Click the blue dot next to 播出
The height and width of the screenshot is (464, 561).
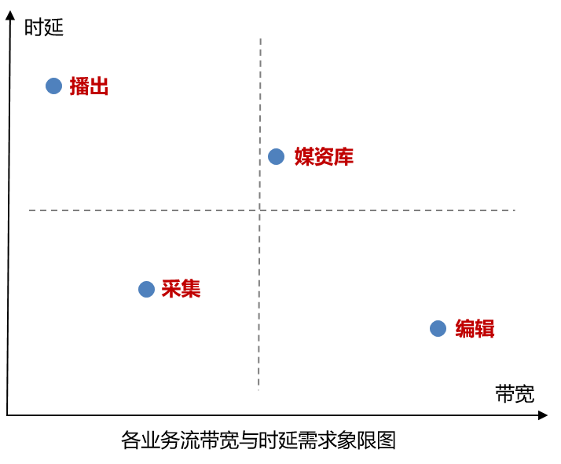tap(53, 86)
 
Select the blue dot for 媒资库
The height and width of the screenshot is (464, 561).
tap(276, 156)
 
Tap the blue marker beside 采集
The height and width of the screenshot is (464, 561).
tap(146, 289)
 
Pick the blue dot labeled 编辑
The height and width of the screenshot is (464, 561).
tap(438, 328)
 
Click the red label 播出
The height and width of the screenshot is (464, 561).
tap(89, 86)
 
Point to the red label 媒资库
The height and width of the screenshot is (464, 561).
tap(324, 156)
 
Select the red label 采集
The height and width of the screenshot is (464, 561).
tap(181, 289)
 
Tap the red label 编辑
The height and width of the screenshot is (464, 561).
tap(475, 328)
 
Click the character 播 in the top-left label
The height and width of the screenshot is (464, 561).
tap(79, 86)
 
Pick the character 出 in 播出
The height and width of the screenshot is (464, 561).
tap(99, 86)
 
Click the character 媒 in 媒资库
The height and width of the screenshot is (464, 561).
tap(304, 156)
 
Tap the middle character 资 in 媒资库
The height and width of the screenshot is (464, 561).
tap(324, 156)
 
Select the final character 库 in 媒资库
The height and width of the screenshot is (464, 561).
tap(343, 156)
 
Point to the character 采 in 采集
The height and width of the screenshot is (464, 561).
tap(171, 289)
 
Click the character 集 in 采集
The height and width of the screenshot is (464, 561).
tap(191, 289)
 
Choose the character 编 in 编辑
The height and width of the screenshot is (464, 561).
tap(465, 328)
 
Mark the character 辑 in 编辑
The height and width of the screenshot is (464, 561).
tap(485, 328)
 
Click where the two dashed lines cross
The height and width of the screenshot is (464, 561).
tap(259, 210)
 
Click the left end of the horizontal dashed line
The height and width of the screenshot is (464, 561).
tap(31, 210)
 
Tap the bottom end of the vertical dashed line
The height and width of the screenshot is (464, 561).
tap(258, 389)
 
